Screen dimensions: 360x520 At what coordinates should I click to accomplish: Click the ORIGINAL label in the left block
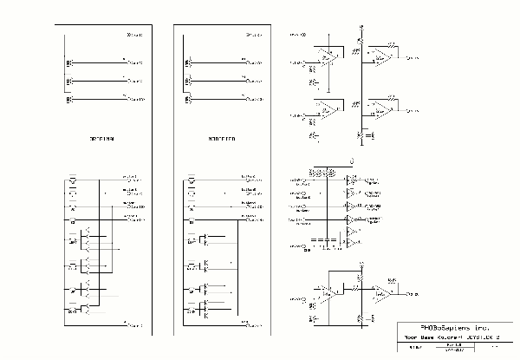coord(102,139)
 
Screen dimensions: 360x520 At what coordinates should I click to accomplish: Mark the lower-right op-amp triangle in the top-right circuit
coord(381,111)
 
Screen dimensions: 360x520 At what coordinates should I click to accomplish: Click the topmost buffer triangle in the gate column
coord(350,181)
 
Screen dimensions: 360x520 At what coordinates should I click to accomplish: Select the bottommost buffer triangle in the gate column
coord(350,246)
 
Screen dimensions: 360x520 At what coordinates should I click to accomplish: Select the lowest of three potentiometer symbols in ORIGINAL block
coord(69,101)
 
